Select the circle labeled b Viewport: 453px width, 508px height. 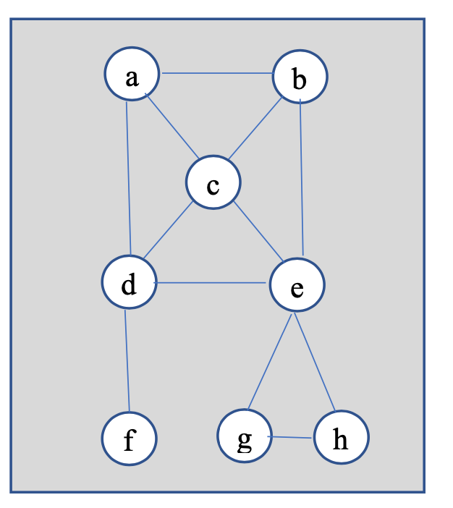click(x=300, y=77)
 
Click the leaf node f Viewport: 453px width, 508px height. click(x=129, y=439)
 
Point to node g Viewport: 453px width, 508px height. click(x=245, y=437)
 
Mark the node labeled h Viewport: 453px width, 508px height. click(x=341, y=439)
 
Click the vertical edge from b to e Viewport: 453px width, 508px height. click(x=302, y=181)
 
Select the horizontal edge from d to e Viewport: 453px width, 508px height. click(x=213, y=283)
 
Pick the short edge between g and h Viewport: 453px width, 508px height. click(x=292, y=437)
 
